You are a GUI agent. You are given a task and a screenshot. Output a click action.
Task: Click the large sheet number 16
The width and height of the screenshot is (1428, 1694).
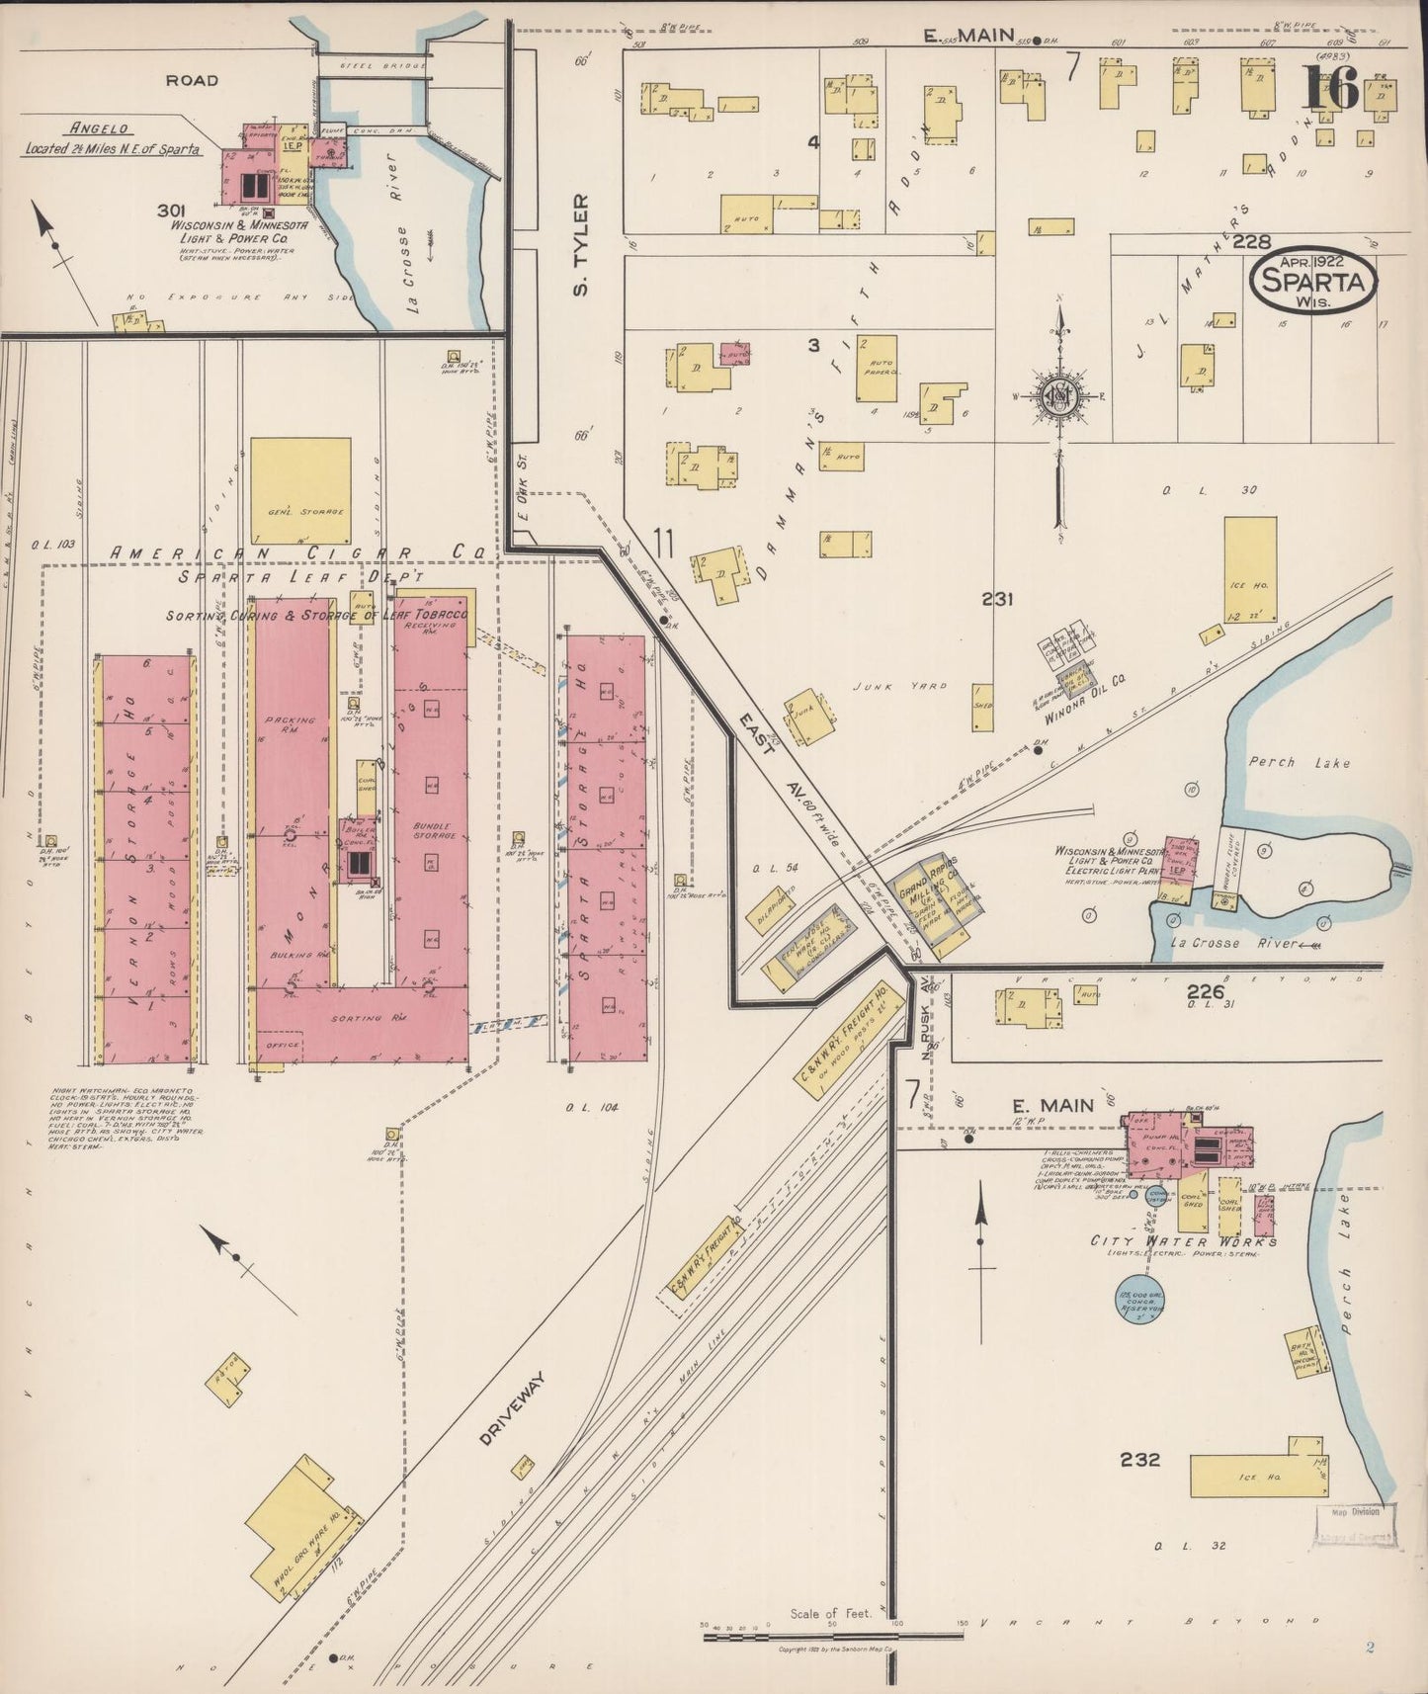(x=1330, y=88)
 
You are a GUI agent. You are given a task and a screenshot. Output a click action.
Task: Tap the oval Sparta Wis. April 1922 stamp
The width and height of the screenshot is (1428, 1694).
(x=1313, y=281)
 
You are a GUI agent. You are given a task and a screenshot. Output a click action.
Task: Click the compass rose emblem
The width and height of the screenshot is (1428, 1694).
(x=1058, y=394)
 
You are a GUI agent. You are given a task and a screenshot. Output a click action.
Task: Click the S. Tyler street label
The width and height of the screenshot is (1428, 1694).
(x=581, y=244)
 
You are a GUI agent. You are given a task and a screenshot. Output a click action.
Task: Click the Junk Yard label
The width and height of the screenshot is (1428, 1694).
(x=901, y=685)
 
